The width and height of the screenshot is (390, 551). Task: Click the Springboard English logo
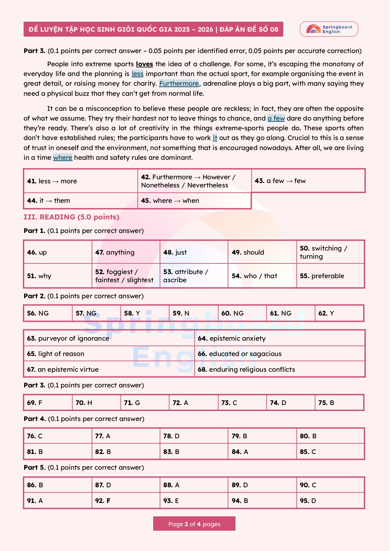click(x=329, y=29)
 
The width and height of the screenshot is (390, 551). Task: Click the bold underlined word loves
click(x=144, y=64)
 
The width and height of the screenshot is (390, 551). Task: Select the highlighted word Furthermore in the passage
click(x=179, y=84)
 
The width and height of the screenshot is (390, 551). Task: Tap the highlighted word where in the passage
click(x=63, y=158)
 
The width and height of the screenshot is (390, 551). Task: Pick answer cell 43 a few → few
click(x=308, y=181)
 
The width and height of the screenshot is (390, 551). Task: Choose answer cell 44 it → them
click(x=80, y=201)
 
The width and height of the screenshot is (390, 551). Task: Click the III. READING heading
click(x=71, y=217)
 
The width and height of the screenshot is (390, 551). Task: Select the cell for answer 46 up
click(x=58, y=252)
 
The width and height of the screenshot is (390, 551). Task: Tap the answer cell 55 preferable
click(x=330, y=276)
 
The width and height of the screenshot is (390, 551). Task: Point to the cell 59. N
click(x=193, y=313)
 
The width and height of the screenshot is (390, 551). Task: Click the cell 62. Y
click(x=339, y=313)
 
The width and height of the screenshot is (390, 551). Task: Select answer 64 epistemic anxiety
click(x=279, y=338)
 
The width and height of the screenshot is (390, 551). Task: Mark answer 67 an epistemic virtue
click(x=109, y=370)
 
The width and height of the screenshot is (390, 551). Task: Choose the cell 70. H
click(x=96, y=403)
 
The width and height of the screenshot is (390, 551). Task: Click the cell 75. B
click(x=339, y=403)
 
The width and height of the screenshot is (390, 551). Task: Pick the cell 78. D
click(x=194, y=436)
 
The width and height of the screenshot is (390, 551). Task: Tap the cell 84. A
click(x=262, y=452)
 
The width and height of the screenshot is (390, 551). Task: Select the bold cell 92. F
click(x=126, y=501)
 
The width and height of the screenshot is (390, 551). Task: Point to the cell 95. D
click(x=330, y=501)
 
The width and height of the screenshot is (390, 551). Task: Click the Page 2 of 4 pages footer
click(x=194, y=524)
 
